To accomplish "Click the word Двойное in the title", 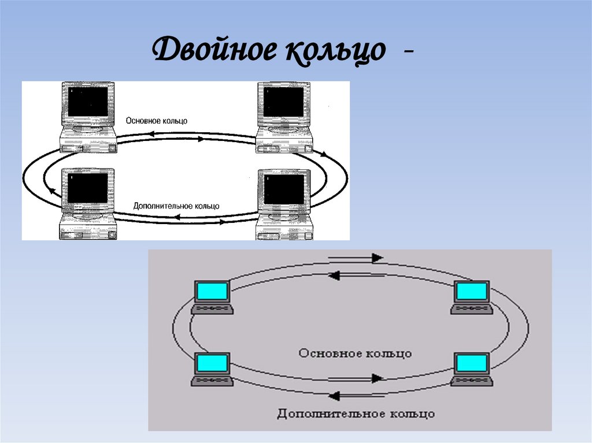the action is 214,52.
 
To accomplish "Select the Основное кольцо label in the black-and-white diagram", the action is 157,121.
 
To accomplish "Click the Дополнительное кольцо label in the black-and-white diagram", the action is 176,206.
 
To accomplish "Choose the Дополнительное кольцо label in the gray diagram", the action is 356,414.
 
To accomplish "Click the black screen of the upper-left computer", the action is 88,101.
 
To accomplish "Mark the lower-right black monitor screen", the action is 284,189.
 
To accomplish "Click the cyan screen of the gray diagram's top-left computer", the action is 212,292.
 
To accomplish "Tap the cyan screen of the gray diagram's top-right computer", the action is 471,292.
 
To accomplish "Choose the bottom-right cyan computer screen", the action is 471,364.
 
